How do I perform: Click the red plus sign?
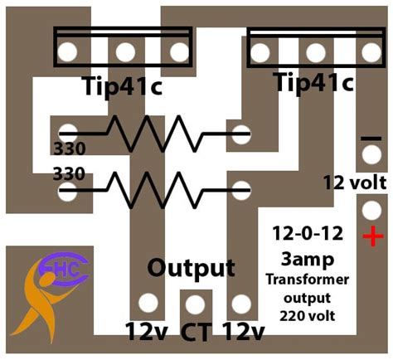373,236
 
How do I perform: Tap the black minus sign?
371,139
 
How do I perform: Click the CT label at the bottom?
196,332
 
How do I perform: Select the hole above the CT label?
195,304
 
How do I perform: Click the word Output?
192,268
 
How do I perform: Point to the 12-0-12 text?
308,233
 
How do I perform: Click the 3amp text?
308,260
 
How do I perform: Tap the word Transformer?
308,280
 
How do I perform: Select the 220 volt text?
308,315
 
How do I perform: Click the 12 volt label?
355,182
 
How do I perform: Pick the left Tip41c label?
122,86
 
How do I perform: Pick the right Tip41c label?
313,82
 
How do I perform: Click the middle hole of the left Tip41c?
125,52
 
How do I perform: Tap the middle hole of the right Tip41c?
316,52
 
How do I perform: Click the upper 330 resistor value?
70,149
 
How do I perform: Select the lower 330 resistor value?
69,174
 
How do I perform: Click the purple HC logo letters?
66,269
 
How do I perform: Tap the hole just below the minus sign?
371,155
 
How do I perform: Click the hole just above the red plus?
371,211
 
